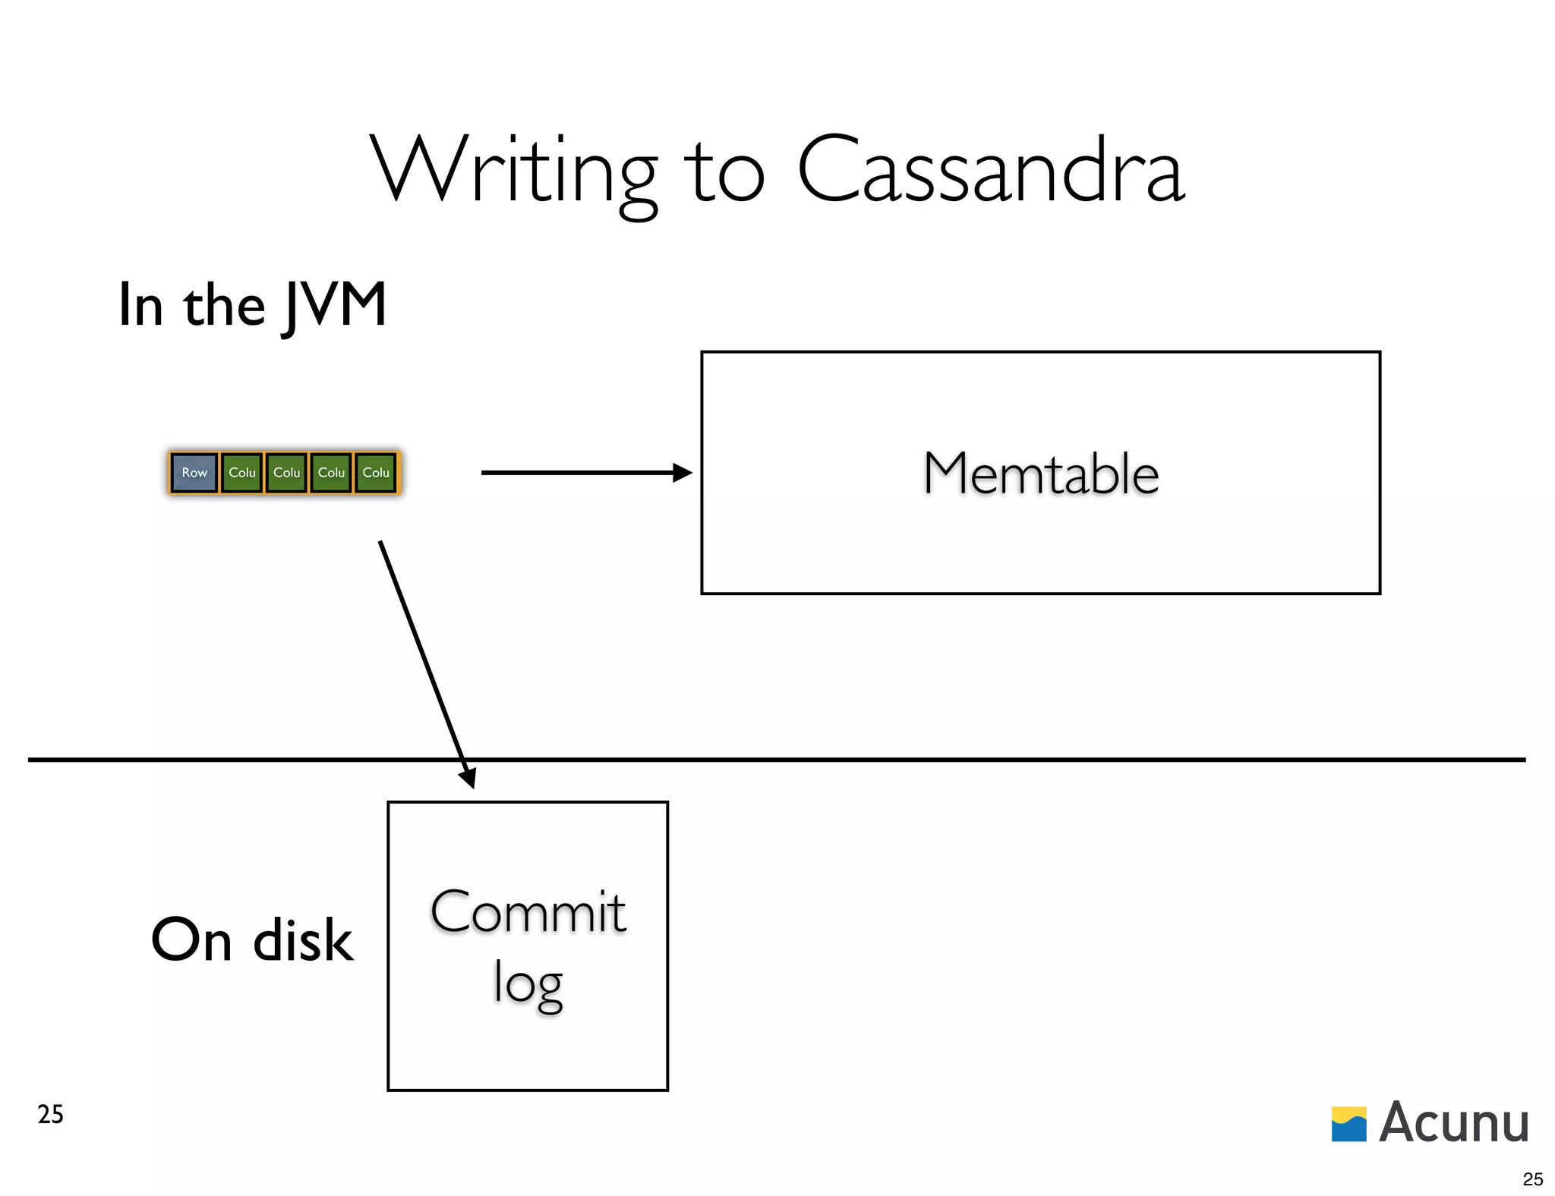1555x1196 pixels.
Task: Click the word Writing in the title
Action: click(513, 172)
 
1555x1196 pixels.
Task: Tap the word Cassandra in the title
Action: click(990, 172)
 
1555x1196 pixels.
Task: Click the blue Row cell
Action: click(194, 473)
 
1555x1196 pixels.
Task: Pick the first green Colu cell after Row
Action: click(242, 473)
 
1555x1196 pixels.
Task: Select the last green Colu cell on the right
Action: click(376, 473)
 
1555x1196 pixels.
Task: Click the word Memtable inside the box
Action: click(1040, 474)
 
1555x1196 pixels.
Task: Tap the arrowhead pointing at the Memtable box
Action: click(683, 473)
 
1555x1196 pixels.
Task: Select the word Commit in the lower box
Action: click(528, 911)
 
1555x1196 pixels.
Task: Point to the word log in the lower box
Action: click(528, 983)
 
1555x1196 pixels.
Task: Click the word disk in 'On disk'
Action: click(303, 940)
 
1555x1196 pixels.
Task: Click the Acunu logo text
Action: click(1453, 1122)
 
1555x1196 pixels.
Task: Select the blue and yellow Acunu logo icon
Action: click(1348, 1124)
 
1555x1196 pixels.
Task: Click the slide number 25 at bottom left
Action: click(50, 1114)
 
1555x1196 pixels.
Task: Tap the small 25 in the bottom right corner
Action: click(1532, 1179)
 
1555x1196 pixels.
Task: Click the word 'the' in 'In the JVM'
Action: click(224, 306)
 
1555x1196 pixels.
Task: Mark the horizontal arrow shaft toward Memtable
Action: click(577, 473)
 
